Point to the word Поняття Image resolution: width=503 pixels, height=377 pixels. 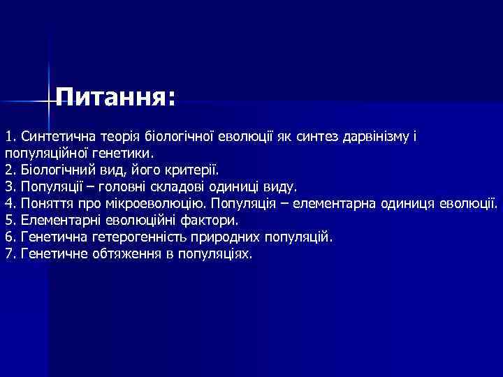[47, 203]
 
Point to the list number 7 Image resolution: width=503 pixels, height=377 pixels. [9, 254]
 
